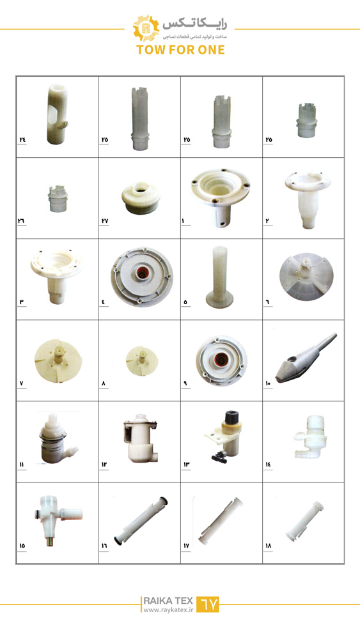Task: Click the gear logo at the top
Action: [x=146, y=28]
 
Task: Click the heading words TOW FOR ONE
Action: [x=180, y=50]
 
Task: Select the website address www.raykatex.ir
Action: [x=168, y=610]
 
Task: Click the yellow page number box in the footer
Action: [x=208, y=604]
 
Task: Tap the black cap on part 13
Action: [x=231, y=417]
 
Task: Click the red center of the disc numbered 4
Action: [x=141, y=274]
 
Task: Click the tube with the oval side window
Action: [x=56, y=114]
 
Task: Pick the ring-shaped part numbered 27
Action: [x=141, y=197]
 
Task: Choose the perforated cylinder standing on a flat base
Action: [x=220, y=277]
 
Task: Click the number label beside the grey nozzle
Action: [x=267, y=383]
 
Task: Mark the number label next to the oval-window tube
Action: [x=22, y=139]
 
